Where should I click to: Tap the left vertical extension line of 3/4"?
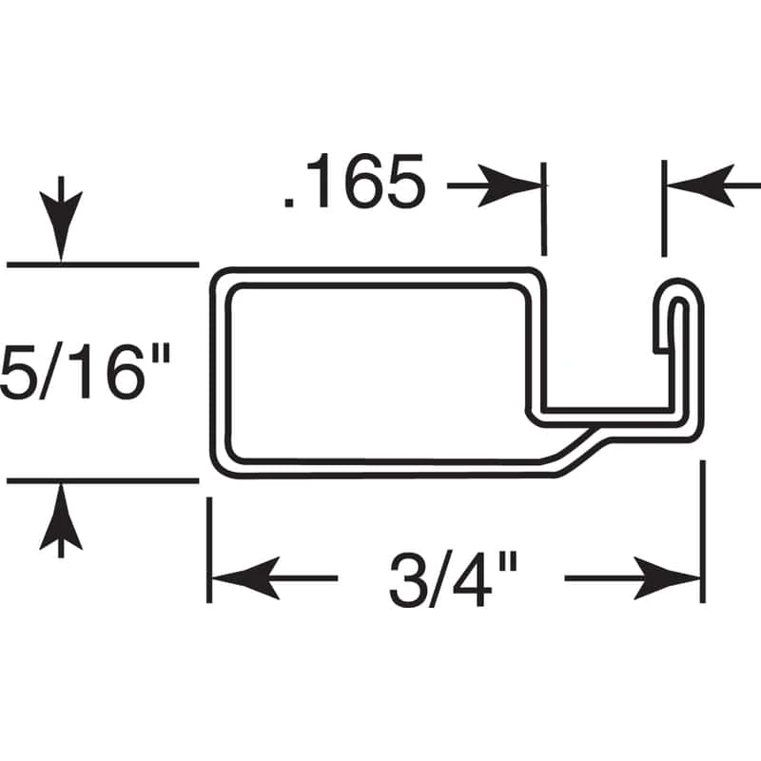coord(209,552)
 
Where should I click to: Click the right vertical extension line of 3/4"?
coord(703,533)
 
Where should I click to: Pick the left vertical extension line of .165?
coord(544,209)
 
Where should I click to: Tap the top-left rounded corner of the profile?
coord(221,279)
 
